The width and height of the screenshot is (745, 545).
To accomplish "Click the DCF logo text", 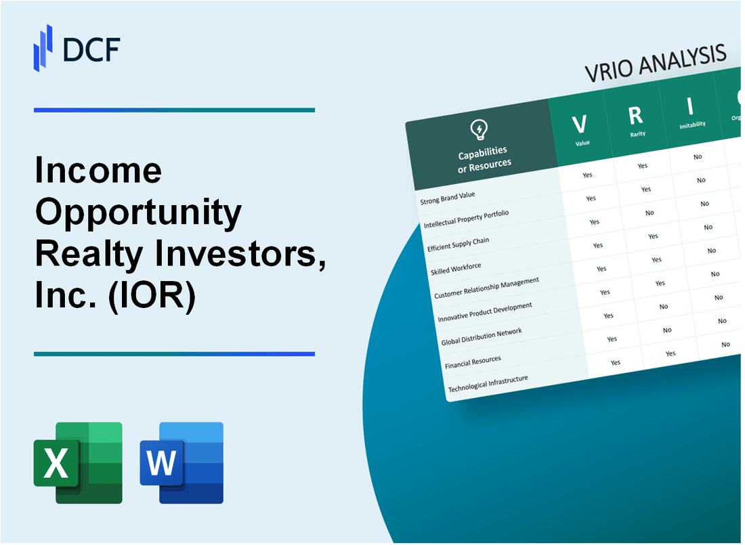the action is pos(91,49).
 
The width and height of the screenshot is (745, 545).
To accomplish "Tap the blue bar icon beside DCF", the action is pos(43,48).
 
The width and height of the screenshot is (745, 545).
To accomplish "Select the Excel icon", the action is pos(78,462).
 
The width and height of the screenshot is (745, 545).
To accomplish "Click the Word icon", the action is pos(182,462).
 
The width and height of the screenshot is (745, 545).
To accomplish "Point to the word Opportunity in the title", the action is pos(138,213).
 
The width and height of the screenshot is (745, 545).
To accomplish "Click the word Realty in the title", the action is pos(89,255).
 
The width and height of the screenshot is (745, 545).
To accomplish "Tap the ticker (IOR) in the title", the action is pos(152,296).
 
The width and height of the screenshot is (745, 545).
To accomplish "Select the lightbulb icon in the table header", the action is pos(479,129).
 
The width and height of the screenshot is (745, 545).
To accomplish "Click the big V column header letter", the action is pos(579,125).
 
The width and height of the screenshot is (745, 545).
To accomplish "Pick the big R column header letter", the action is pos(635,116).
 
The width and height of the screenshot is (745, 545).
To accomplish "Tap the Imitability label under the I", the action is pos(692,125).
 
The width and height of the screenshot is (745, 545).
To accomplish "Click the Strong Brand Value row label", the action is pos(448,198).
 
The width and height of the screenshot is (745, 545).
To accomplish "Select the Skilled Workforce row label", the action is pos(456,269).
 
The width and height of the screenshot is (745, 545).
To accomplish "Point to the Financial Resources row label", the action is pos(473,362).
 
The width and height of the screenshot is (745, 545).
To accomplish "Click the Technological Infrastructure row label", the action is pos(488,384).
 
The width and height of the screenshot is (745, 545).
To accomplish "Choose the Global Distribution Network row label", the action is pos(482,336).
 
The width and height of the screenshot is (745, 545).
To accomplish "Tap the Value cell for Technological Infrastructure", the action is pos(615,362).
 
